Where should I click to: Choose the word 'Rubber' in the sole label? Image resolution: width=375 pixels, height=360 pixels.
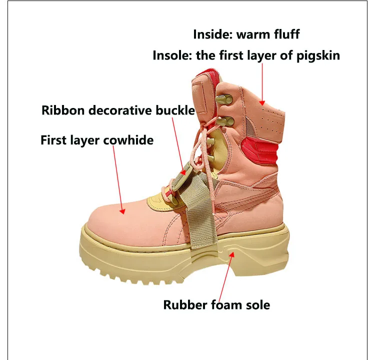(x=185, y=304)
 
